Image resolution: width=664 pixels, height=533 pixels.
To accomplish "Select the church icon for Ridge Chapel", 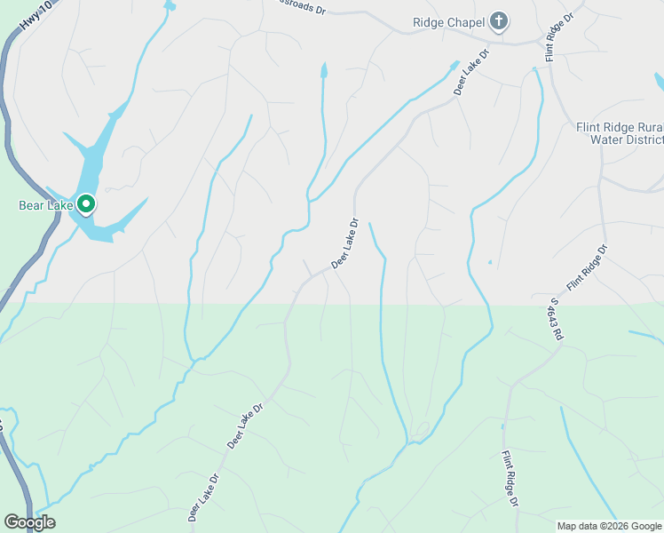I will point(499,21).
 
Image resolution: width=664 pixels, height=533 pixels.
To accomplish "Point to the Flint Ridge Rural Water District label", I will point(619,133).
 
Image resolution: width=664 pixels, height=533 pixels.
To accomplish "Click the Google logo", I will point(29,522).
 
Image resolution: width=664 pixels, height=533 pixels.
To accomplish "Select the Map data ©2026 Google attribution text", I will point(609,526).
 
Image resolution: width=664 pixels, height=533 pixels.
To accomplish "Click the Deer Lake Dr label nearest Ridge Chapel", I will point(471,72).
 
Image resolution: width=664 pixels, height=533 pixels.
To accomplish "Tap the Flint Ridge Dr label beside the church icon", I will point(558,36).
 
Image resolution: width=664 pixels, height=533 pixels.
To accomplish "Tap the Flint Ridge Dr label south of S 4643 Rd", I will point(510,478).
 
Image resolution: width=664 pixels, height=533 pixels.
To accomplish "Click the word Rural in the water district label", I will point(645,127).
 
